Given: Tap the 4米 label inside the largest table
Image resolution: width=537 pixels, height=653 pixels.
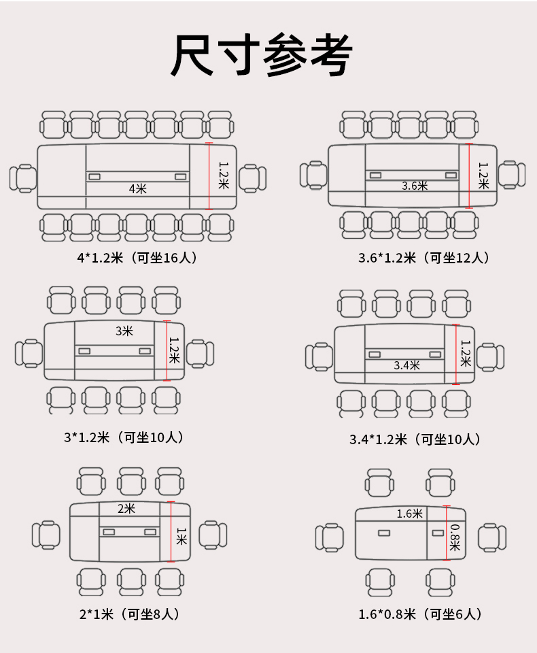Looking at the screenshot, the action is pos(138,188).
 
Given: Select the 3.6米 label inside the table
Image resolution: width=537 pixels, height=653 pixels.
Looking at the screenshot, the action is pos(415,185).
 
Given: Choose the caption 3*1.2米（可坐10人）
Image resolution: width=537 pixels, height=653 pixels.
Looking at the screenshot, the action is pos(124,437).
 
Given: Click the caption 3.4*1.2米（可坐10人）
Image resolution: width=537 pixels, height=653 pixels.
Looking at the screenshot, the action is pos(415,439).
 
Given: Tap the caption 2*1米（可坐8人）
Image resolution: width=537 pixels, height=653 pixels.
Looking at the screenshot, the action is pos(130,614).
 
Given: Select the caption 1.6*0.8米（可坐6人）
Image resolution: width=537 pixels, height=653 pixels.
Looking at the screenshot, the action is pos(421,614).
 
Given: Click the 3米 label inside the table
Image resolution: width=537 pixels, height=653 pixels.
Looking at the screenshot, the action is pos(124,331).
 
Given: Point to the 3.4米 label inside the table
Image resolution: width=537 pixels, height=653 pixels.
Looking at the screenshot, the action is pos(406,365).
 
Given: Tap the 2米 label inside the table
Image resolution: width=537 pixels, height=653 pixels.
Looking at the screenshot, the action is pos(126,509).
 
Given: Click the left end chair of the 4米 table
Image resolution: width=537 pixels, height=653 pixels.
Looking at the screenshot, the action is pos(23,178).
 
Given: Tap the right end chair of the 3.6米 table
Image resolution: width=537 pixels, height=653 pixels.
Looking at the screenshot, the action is pos(512,174).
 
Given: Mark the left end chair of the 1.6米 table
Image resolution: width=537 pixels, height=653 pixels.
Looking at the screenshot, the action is pos(330,537).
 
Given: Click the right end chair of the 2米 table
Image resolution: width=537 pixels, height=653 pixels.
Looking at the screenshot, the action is pos(213,534).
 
